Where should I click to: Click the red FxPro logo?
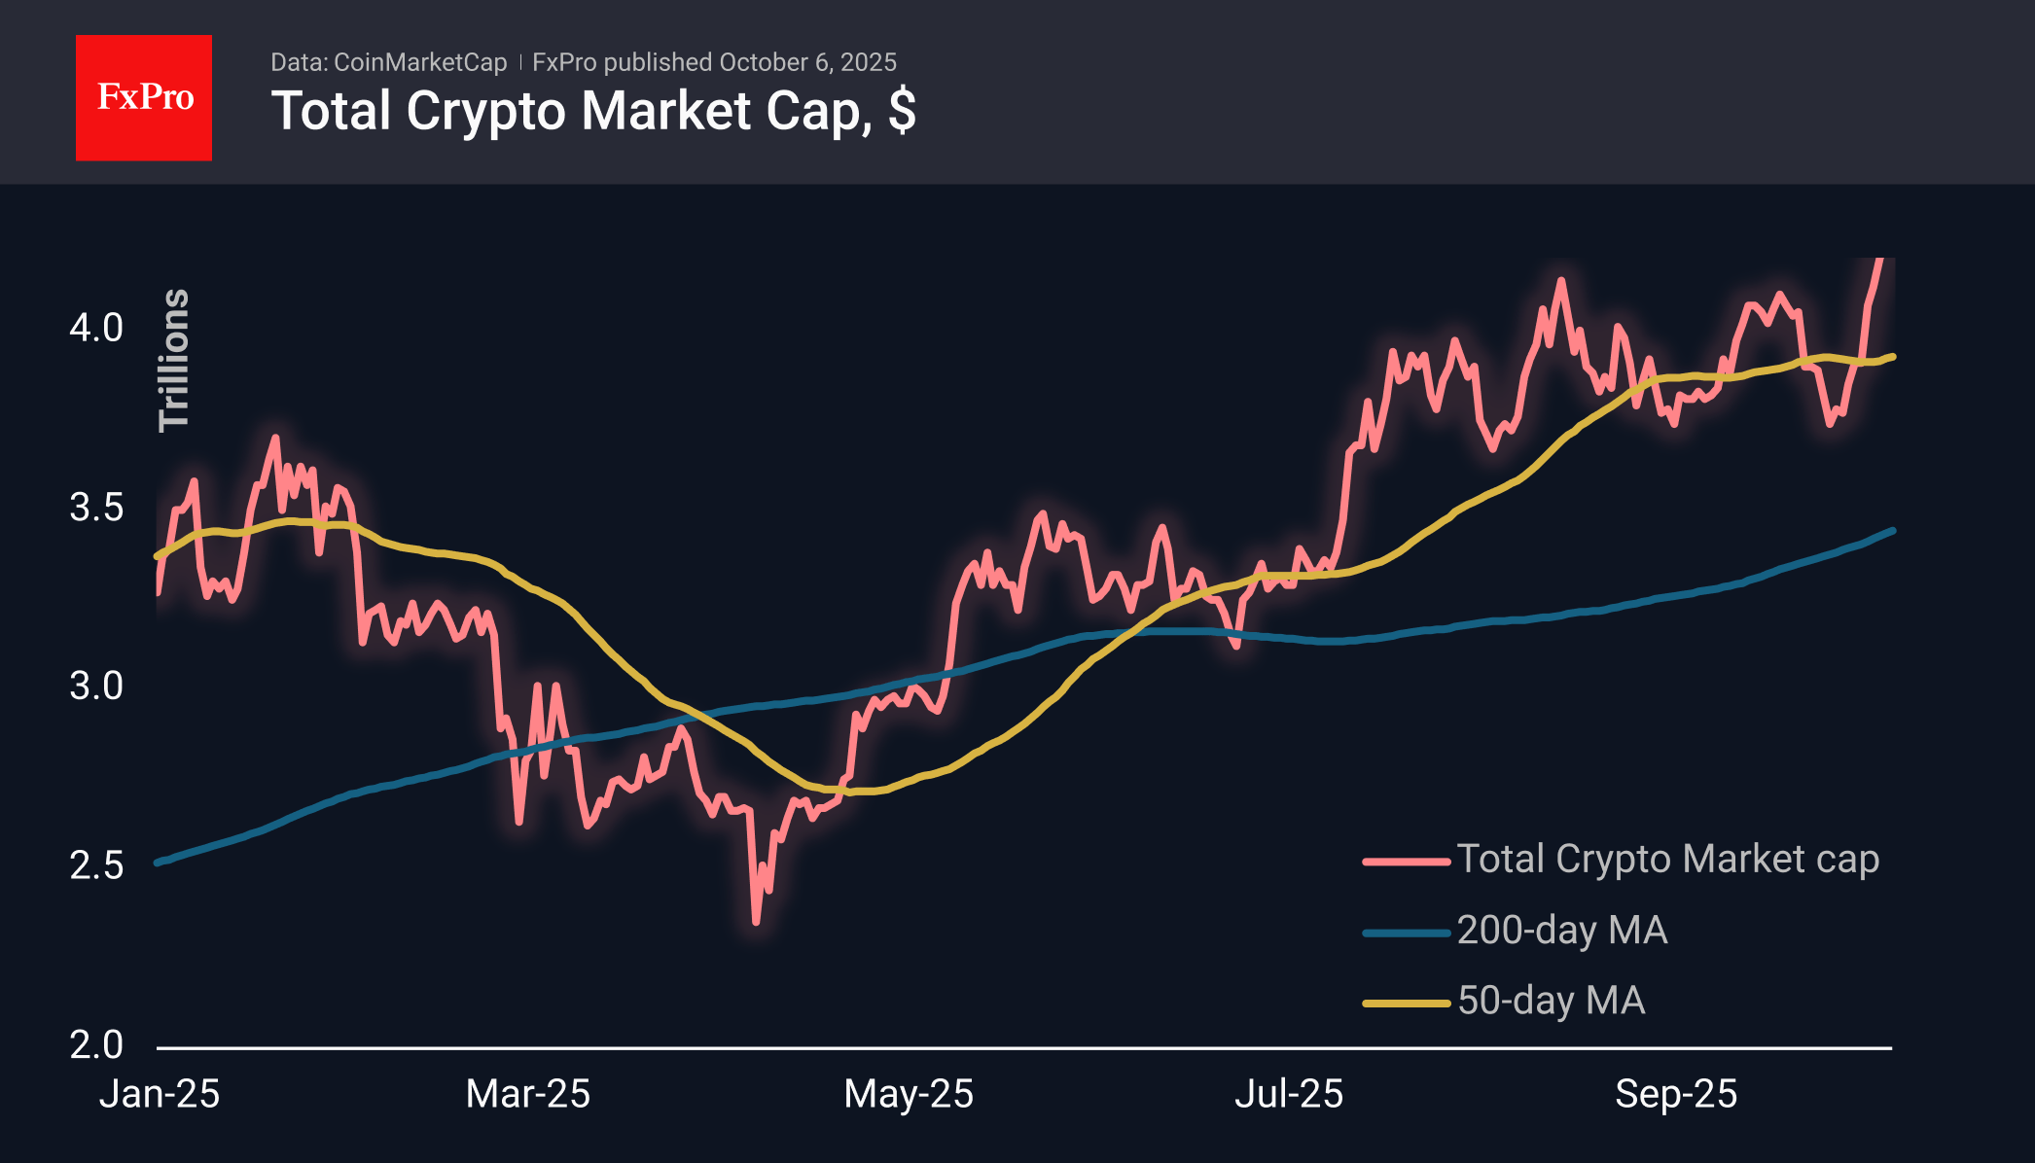144,97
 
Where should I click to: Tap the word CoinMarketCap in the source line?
419,62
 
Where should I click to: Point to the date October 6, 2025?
807,62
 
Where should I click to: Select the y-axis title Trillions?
174,360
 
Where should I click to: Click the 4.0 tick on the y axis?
96,328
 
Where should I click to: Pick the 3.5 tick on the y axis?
96,508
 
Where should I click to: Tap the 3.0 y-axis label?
96,687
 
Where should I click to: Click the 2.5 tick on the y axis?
96,865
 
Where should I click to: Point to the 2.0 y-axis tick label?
96,1045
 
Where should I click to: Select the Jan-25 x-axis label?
160,1094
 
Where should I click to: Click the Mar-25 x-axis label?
527,1094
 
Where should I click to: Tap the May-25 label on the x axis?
908,1094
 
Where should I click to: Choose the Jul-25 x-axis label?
1288,1094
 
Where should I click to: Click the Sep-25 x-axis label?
1675,1094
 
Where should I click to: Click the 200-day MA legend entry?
1561,931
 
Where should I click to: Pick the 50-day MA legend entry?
1551,1001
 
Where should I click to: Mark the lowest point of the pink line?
756,921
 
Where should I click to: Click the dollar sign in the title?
902,111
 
